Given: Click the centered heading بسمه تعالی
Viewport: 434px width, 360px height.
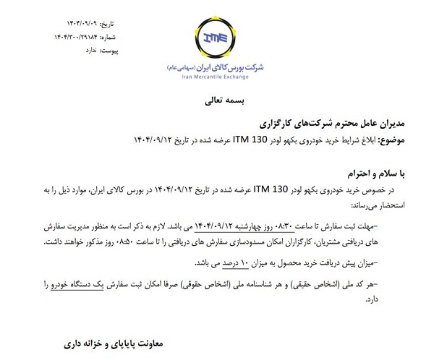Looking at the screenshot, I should pos(218,100).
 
